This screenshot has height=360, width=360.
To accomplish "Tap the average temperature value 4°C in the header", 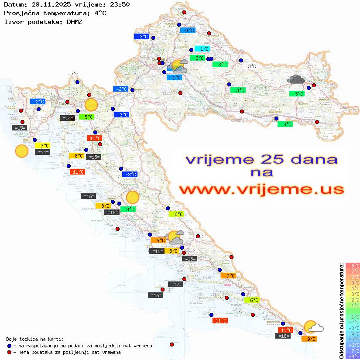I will (x=100, y=13).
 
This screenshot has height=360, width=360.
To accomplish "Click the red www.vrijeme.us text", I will (x=261, y=189).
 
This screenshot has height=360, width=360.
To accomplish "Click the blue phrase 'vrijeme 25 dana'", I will (x=261, y=159).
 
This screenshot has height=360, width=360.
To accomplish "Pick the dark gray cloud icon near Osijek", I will (x=296, y=79).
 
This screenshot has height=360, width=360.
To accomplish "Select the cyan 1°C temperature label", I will (x=202, y=49).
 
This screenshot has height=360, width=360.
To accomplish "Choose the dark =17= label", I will (x=175, y=285).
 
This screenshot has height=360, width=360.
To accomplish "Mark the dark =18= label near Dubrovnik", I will (x=284, y=336).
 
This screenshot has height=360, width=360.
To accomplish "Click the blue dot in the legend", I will (x=10, y=346).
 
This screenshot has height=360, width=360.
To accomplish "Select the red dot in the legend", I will (x=10, y=352).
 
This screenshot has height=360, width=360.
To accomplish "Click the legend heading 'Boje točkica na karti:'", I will (x=35, y=339).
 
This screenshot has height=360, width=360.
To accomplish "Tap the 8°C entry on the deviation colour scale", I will (x=353, y=265).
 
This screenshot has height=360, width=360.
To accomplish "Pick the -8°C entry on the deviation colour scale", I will (x=353, y=356).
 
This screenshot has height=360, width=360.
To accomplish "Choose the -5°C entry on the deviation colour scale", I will (x=353, y=339).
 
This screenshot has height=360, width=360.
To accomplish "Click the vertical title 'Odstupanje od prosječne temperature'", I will (x=341, y=310).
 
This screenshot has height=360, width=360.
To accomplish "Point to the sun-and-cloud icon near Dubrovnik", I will (x=313, y=327).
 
